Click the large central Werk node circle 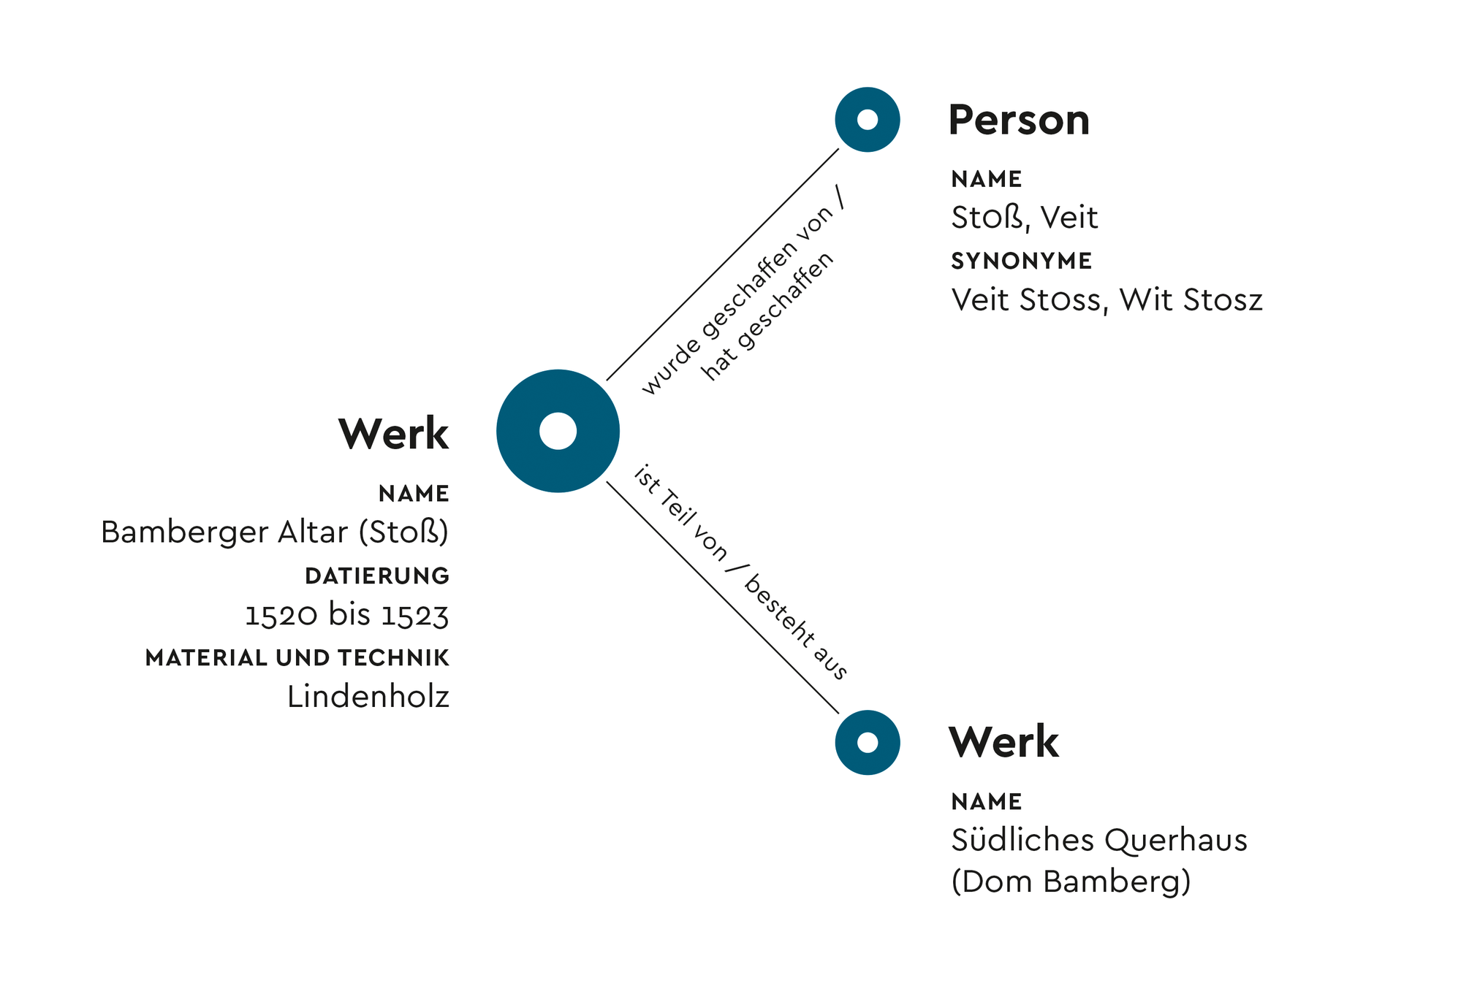click(x=558, y=431)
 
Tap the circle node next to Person click(x=867, y=120)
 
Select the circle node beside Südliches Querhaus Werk click(x=867, y=742)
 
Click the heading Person click(x=1018, y=121)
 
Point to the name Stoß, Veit click(x=1024, y=218)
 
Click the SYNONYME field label click(x=1021, y=261)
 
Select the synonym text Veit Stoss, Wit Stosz click(x=1107, y=300)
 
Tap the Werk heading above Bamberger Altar click(x=393, y=434)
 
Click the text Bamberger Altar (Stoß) click(x=275, y=532)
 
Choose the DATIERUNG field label click(x=377, y=576)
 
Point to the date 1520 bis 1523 click(x=346, y=615)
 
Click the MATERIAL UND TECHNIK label click(x=297, y=658)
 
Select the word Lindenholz click(x=368, y=697)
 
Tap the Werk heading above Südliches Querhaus click(x=1003, y=743)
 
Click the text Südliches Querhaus click(x=1098, y=840)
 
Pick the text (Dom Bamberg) click(x=1071, y=882)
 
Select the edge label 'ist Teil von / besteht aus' click(x=740, y=573)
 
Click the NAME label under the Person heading click(x=986, y=179)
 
